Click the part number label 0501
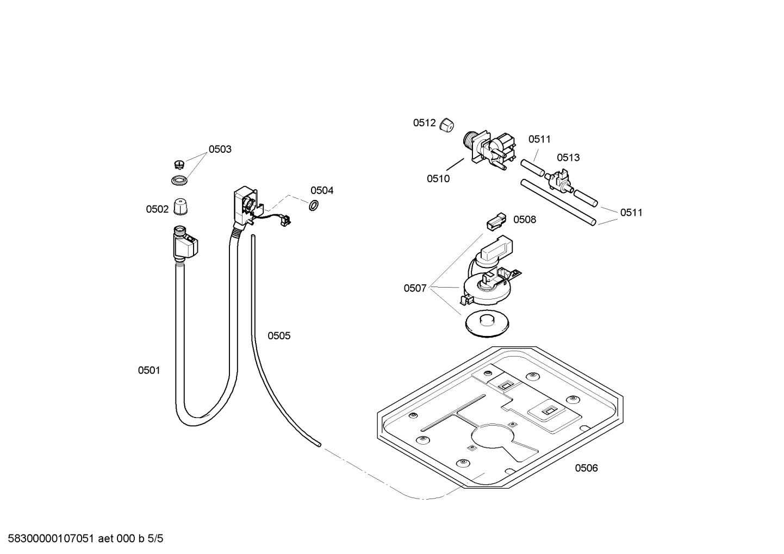(148, 370)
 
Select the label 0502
(157, 209)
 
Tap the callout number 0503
(220, 149)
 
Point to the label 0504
(322, 190)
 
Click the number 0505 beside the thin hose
(279, 336)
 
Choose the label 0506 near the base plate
(586, 468)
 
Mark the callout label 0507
(415, 288)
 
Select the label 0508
(525, 220)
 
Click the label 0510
(438, 178)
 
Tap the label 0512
(424, 123)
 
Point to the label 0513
(568, 158)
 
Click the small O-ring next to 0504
(314, 206)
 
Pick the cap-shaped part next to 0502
(181, 207)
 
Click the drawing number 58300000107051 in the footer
(49, 539)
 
